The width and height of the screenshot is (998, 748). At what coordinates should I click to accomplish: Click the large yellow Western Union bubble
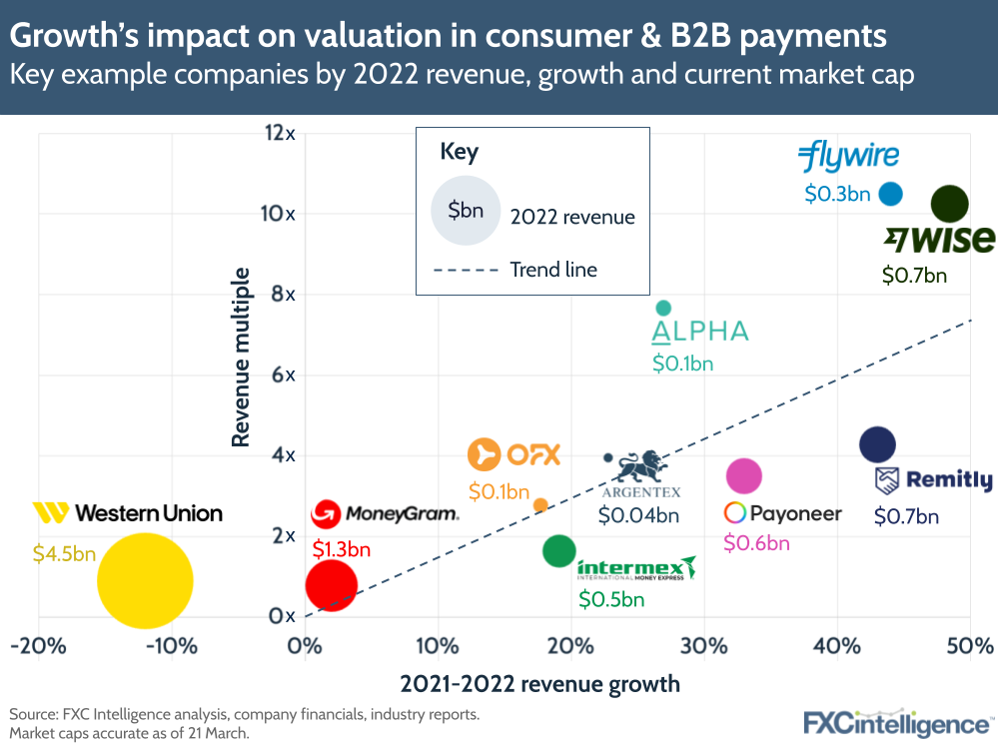[x=145, y=581]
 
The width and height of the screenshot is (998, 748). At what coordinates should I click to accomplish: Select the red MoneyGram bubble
[x=331, y=585]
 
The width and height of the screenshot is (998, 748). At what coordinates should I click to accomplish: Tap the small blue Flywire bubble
[x=890, y=194]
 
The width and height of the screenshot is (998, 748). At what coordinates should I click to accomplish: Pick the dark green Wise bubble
[x=949, y=204]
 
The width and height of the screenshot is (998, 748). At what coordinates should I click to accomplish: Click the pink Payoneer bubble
[x=744, y=476]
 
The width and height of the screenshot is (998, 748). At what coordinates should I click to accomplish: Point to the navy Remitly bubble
[x=877, y=444]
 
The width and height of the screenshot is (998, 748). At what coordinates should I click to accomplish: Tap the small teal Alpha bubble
[x=663, y=308]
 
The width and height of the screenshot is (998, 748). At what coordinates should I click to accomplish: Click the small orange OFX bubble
[x=540, y=505]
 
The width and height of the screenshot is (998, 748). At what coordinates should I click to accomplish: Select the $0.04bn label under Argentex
[x=638, y=516]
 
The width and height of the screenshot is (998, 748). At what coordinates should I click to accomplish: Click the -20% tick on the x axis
[x=38, y=644]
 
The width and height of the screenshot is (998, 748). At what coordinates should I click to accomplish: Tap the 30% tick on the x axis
[x=704, y=644]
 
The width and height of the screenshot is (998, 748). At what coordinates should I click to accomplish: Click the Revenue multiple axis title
[x=241, y=357]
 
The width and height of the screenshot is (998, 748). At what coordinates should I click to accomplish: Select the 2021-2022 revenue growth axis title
[x=539, y=684]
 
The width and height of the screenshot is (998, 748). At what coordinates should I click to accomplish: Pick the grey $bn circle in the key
[x=465, y=211]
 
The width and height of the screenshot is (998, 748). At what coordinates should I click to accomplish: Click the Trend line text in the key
[x=553, y=269]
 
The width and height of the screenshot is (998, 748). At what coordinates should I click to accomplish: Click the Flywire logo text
[x=848, y=157]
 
